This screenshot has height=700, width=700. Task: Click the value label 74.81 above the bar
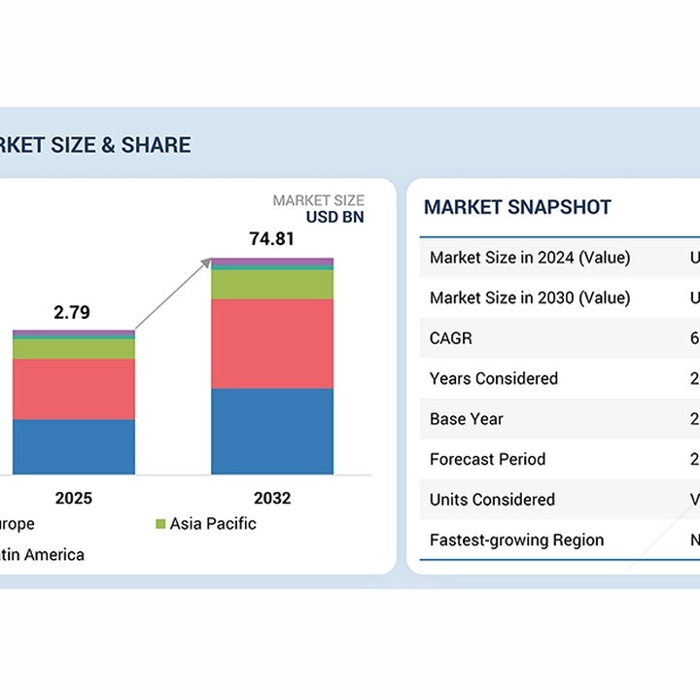click(x=271, y=238)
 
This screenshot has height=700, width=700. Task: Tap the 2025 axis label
click(x=74, y=499)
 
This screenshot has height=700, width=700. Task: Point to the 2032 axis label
click(x=272, y=499)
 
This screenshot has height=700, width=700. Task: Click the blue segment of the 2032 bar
click(x=272, y=431)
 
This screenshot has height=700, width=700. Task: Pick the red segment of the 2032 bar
click(x=272, y=343)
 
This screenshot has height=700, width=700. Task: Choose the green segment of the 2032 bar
click(x=272, y=284)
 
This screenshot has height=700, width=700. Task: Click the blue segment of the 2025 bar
click(x=74, y=446)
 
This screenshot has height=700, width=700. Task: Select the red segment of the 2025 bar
click(x=74, y=389)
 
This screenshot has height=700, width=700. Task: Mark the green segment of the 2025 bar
click(x=74, y=348)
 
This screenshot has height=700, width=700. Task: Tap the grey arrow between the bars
click(x=173, y=295)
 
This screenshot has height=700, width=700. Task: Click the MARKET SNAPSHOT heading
click(x=517, y=207)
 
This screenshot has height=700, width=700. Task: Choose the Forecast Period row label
click(x=487, y=459)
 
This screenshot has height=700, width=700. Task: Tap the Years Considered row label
click(x=494, y=378)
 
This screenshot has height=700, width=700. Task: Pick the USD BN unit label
click(x=334, y=217)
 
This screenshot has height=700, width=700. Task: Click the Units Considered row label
click(x=492, y=500)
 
